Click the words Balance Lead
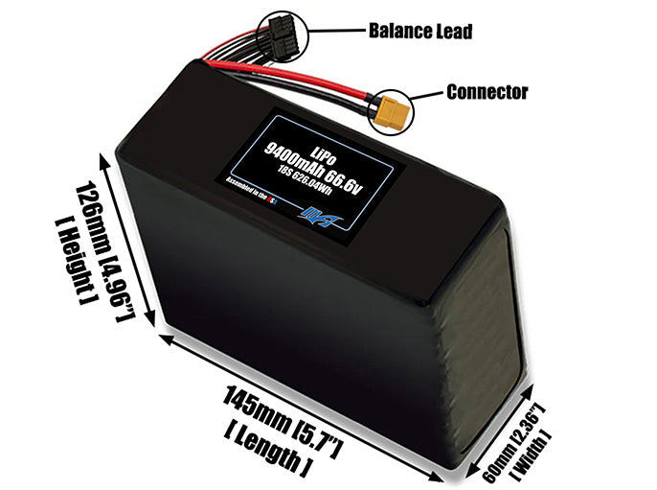419,31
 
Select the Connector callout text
487,93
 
